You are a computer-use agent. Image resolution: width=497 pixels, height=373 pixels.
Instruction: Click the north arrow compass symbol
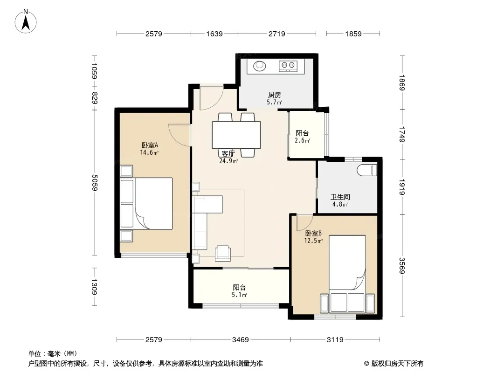point(26,21)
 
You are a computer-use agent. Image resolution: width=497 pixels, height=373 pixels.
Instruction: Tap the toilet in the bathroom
point(367,170)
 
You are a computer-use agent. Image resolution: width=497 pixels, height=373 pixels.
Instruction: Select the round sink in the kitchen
point(260,66)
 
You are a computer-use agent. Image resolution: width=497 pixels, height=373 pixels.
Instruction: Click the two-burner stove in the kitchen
point(288,66)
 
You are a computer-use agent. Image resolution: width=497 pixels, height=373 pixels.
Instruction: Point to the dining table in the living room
point(236,135)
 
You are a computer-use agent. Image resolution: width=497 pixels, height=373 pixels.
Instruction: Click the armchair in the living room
point(223,254)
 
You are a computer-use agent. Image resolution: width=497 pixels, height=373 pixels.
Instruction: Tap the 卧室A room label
point(150,145)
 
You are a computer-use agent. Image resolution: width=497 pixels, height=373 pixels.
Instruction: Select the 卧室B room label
point(313,233)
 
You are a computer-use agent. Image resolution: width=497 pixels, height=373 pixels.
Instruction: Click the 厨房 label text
point(275,95)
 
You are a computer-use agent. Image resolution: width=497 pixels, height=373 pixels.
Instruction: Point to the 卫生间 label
point(340,197)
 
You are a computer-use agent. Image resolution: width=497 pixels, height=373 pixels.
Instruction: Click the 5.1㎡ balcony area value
point(239,295)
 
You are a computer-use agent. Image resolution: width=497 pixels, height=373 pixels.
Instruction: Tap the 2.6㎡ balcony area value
point(303,140)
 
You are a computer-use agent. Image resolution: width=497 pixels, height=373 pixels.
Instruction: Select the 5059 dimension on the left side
point(95,183)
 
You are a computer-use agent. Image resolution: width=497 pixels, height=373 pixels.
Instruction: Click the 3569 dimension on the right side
point(401,265)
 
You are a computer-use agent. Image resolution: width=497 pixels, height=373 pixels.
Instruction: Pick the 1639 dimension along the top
point(214,34)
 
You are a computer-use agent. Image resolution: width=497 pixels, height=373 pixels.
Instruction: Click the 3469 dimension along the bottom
point(241,340)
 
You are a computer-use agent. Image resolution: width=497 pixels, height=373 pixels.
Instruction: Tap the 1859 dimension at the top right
point(353,34)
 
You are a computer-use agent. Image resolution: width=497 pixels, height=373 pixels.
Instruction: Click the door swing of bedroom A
point(179,135)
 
